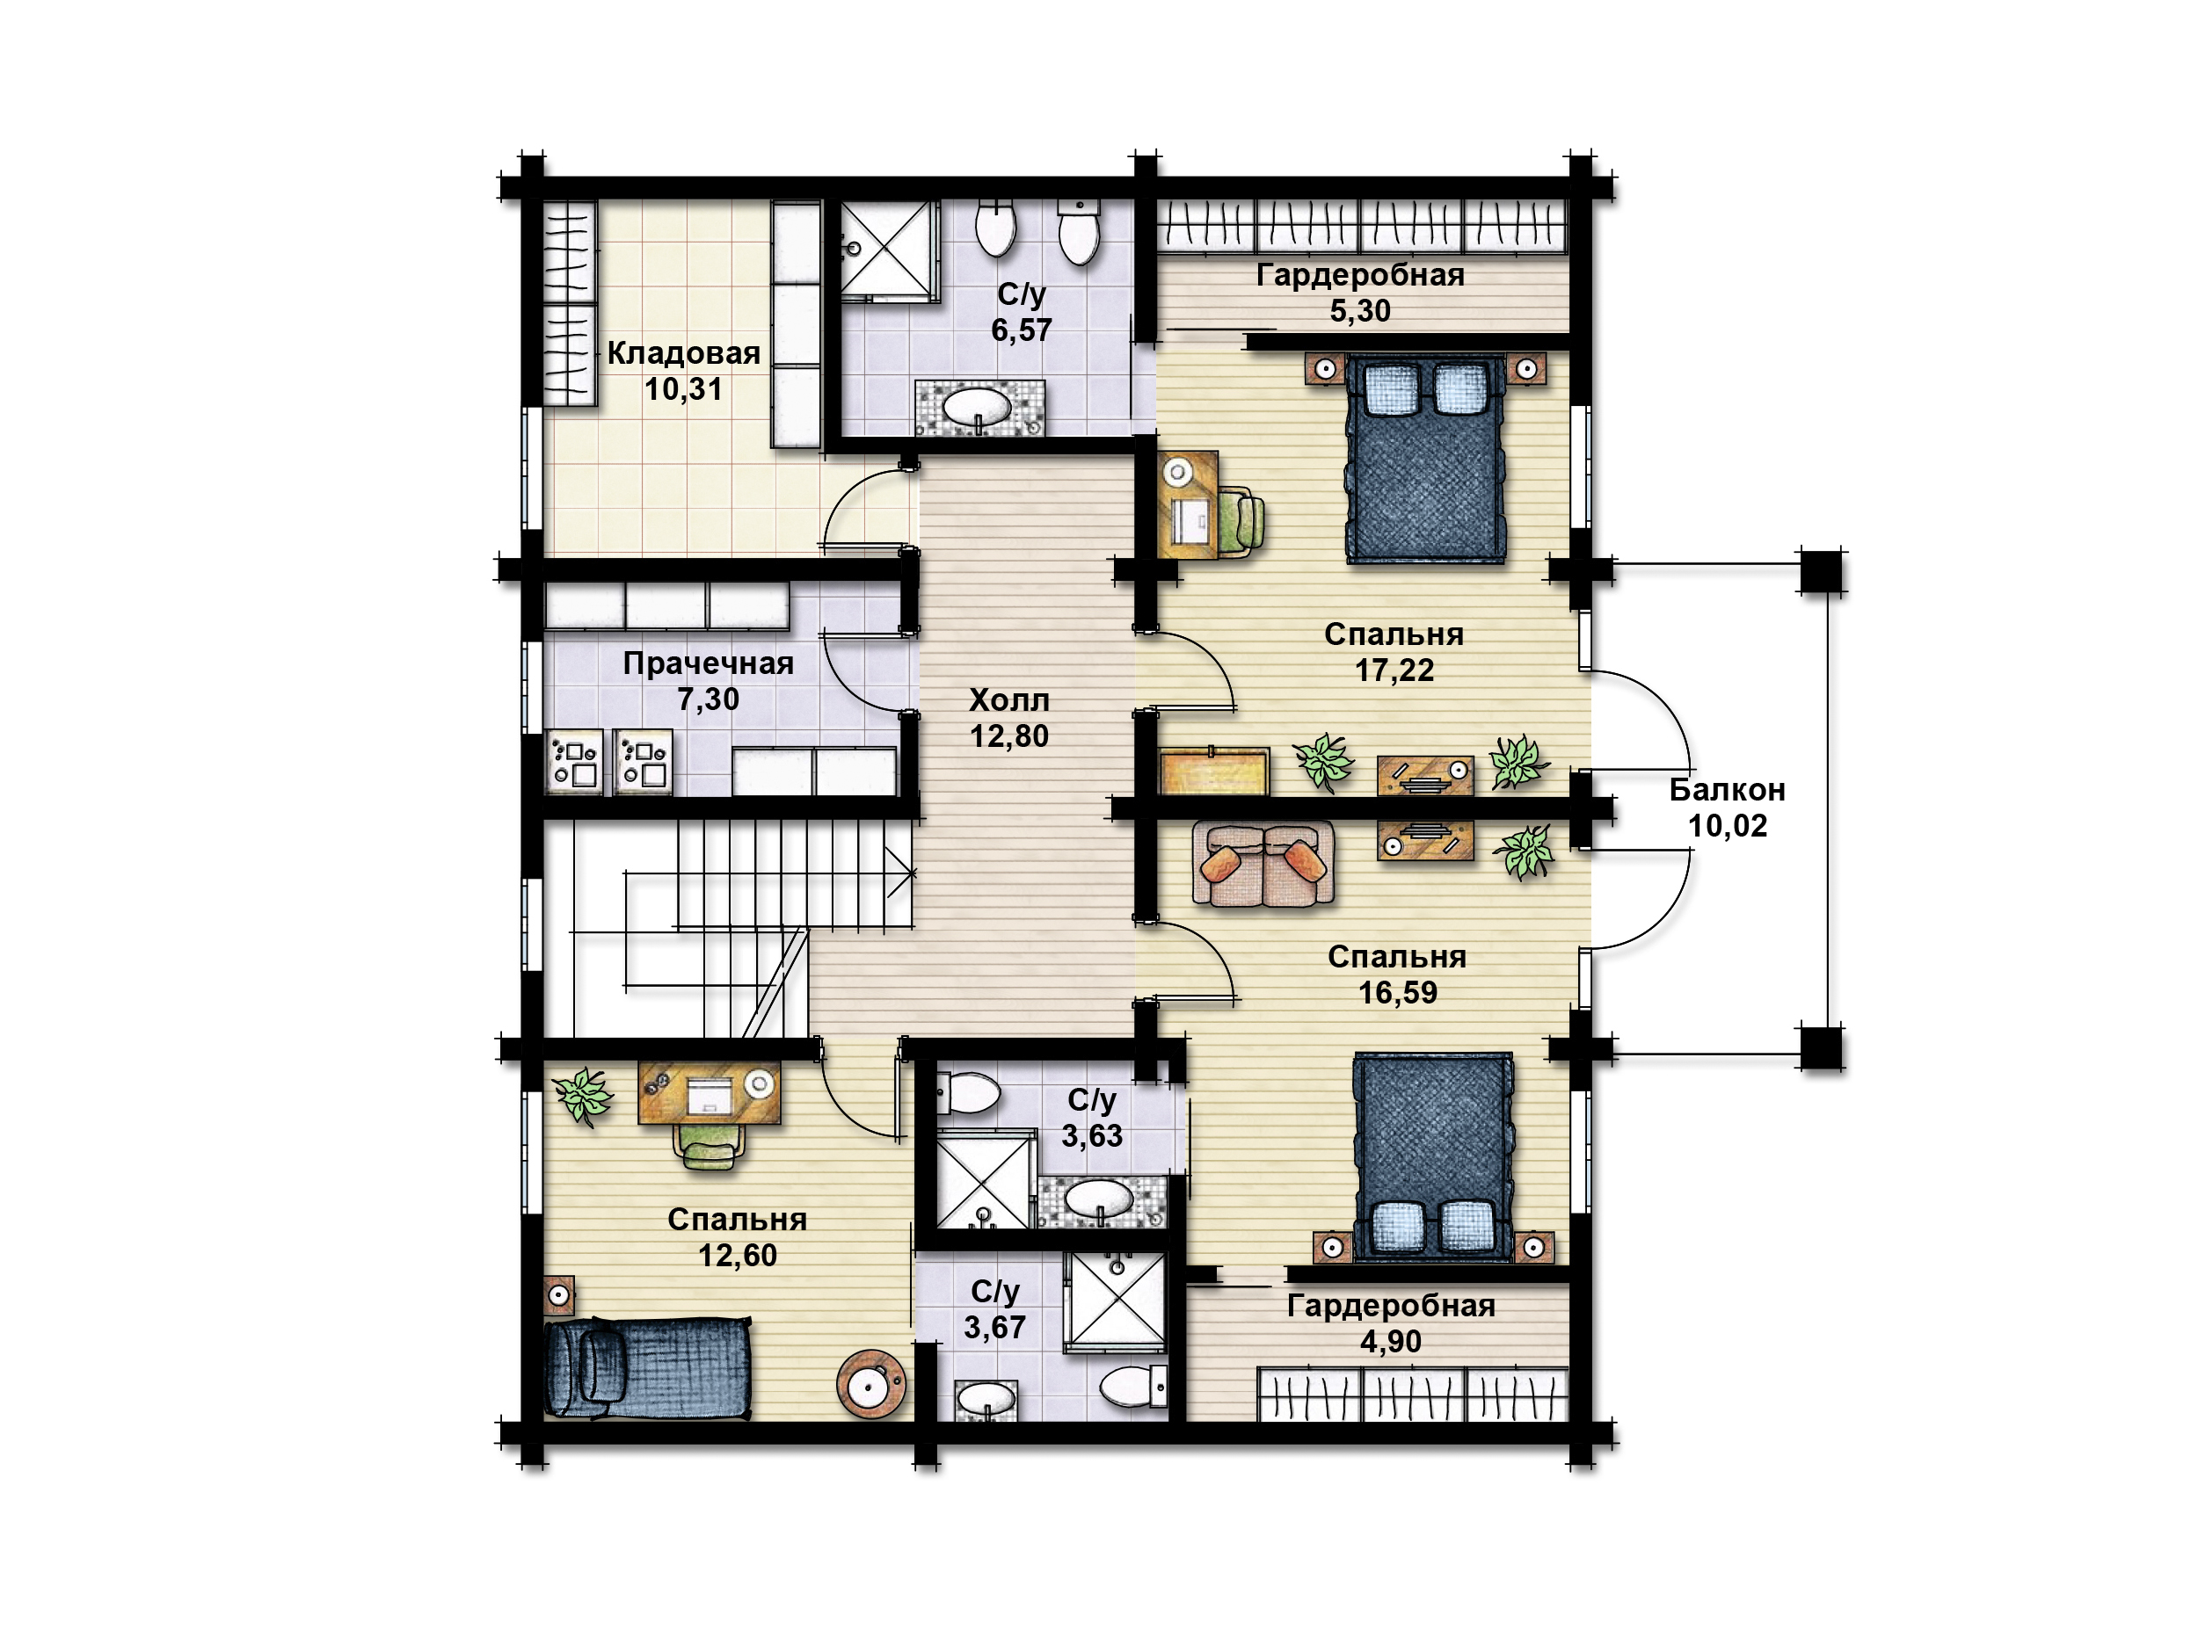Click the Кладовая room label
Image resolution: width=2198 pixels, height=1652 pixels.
[684, 352]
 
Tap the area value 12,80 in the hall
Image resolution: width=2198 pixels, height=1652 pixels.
[1009, 736]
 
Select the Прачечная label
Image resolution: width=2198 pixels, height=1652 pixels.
[709, 663]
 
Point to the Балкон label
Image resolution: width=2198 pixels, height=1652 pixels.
[1727, 790]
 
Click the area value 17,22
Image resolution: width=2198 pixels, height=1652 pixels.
[1394, 670]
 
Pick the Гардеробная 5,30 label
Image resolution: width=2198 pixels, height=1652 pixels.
[1360, 292]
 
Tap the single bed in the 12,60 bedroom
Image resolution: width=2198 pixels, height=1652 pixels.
[648, 1366]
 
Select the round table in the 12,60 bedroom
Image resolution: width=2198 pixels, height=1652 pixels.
[871, 1384]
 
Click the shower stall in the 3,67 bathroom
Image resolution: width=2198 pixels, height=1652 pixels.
[1114, 1301]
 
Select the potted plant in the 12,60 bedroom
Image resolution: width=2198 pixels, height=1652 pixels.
[585, 1096]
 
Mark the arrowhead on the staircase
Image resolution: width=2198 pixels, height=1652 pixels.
[908, 874]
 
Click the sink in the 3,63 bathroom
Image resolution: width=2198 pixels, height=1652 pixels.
[1098, 1201]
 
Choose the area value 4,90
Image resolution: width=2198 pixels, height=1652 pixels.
[1391, 1342]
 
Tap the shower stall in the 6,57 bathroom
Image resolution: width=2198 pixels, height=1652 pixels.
[891, 250]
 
